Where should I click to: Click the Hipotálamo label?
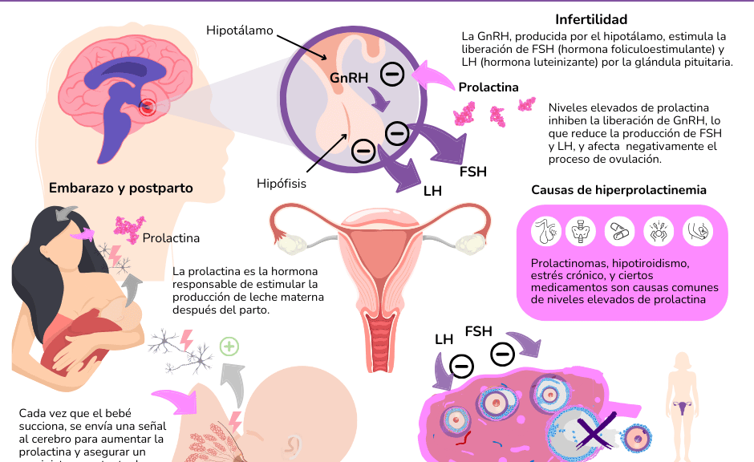pyautogui.click(x=240, y=31)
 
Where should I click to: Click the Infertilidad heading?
pyautogui.click(x=591, y=19)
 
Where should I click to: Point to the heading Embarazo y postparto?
pyautogui.click(x=121, y=188)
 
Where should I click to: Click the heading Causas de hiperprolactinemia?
pyautogui.click(x=618, y=190)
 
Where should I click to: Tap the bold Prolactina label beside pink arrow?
pyautogui.click(x=488, y=87)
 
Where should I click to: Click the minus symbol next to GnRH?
pyautogui.click(x=392, y=75)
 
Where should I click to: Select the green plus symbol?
pyautogui.click(x=229, y=346)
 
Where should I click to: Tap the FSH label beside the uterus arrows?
pyautogui.click(x=473, y=171)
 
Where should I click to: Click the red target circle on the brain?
pyautogui.click(x=148, y=107)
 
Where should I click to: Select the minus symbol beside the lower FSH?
pyautogui.click(x=503, y=352)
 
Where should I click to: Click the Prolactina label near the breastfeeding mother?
pyautogui.click(x=171, y=238)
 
